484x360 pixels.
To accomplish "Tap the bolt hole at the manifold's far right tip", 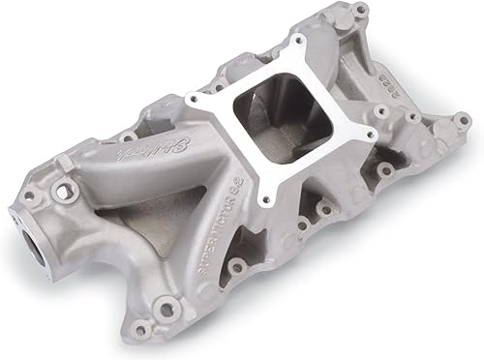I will click(462, 119).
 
